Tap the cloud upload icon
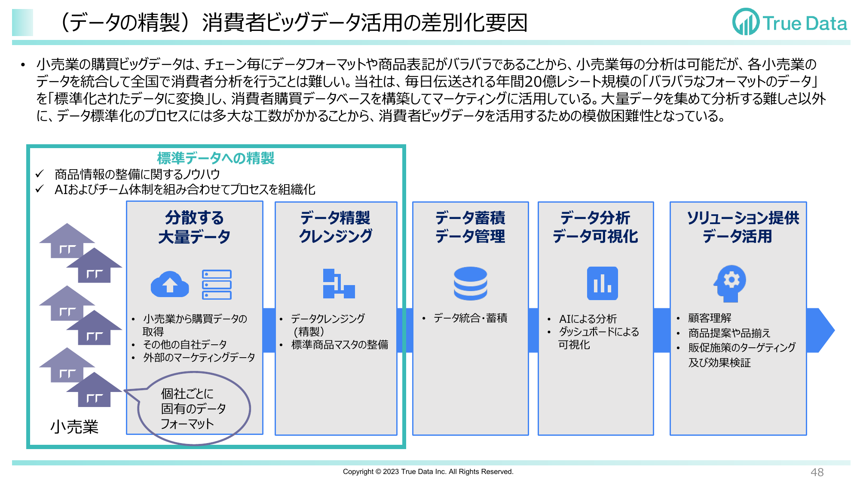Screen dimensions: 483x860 coord(170,284)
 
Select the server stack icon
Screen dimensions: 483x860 coord(217,284)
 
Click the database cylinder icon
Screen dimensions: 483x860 coord(470,283)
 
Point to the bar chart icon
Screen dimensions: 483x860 coord(602,283)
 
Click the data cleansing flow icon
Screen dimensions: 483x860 coord(338,283)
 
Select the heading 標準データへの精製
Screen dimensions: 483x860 coord(215,158)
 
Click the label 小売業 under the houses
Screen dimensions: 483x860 coord(74,427)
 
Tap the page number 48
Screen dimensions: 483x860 coord(817,472)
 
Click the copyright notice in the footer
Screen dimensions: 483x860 coord(428,471)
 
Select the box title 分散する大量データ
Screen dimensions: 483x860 coord(194,227)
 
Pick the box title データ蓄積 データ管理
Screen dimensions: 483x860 coord(470,227)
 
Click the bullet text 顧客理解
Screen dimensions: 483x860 coord(710,318)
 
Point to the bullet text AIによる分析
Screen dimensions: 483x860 coord(588,319)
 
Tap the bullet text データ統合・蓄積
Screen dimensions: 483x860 coord(470,318)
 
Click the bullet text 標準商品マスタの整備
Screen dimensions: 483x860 coord(340,345)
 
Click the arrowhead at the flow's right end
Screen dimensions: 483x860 coord(821,330)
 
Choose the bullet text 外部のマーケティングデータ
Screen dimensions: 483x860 coord(199,358)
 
